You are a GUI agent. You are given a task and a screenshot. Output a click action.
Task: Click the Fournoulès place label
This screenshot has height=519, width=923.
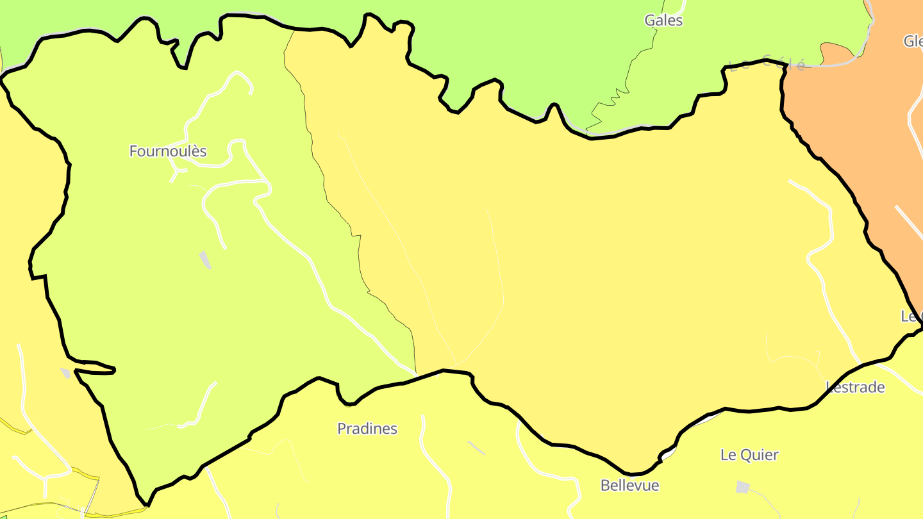pos(168,151)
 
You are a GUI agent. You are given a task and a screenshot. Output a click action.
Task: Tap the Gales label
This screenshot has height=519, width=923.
pos(663,21)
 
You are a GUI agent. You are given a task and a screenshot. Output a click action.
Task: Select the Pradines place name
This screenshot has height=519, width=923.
pos(367,429)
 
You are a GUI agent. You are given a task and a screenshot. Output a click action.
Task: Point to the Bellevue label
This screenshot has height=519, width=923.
pos(629,486)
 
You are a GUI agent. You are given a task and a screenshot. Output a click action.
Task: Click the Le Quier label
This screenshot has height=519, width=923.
pos(749,455)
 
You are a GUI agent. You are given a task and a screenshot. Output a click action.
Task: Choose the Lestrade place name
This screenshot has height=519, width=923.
pos(855,387)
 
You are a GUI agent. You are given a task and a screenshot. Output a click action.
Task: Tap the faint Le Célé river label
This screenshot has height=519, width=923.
pos(767,63)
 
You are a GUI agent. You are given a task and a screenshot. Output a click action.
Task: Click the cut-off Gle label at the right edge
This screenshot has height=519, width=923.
pos(913,42)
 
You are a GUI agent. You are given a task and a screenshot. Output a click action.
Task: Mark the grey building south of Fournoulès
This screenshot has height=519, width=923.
pos(205,259)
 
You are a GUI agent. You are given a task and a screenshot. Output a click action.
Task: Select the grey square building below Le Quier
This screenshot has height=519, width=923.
pos(742,487)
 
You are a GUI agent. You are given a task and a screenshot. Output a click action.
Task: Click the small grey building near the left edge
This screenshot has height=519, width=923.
pos(65,372)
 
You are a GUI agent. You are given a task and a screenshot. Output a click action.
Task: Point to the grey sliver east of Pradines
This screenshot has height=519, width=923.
pos(476,448)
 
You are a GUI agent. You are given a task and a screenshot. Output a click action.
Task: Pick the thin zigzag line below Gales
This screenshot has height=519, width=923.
pos(609,103)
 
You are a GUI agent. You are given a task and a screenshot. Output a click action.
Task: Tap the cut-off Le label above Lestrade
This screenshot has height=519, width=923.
pos(911,317)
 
